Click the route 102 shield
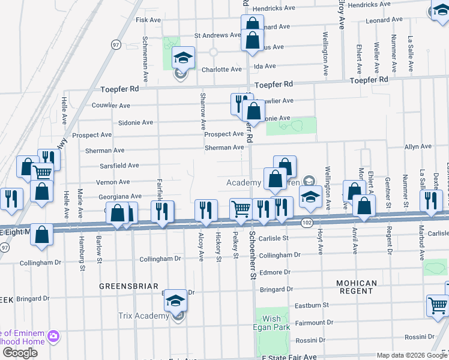[x=306, y=223]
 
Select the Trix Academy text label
[x=147, y=316]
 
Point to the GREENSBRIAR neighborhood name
[x=129, y=286]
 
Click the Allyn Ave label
[x=418, y=146]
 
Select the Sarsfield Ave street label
[x=119, y=165]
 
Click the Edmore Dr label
[x=275, y=272]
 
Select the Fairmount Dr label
[x=310, y=323]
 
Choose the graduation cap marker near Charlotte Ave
[x=184, y=58]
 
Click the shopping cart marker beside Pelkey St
[x=241, y=209]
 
